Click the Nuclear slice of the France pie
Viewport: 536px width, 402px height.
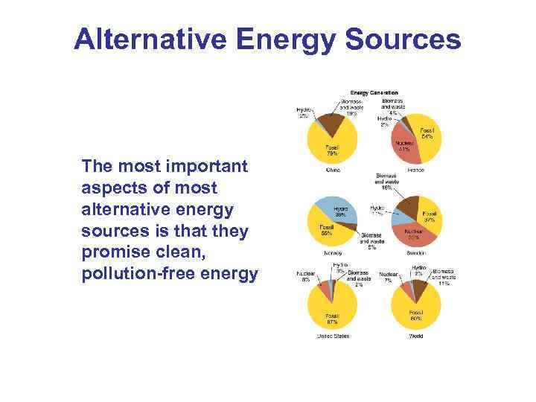pyautogui.click(x=406, y=145)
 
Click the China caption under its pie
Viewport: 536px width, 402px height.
pyautogui.click(x=333, y=170)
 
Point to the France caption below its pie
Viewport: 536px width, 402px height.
pyautogui.click(x=415, y=170)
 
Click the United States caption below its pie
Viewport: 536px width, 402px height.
pyautogui.click(x=332, y=336)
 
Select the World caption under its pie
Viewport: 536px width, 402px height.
pyautogui.click(x=415, y=336)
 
